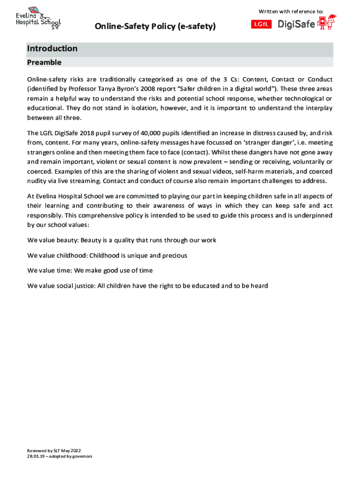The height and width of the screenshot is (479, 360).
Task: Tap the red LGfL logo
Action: click(x=262, y=24)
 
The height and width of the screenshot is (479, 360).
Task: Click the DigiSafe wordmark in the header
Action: click(x=296, y=24)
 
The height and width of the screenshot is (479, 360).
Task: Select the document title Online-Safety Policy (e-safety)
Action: click(x=156, y=27)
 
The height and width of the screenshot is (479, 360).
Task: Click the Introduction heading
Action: click(x=52, y=49)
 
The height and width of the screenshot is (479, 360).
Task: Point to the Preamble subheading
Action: click(x=44, y=62)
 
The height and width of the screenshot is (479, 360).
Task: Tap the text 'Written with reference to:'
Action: click(x=290, y=11)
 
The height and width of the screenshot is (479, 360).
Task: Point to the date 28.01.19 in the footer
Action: click(x=36, y=457)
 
